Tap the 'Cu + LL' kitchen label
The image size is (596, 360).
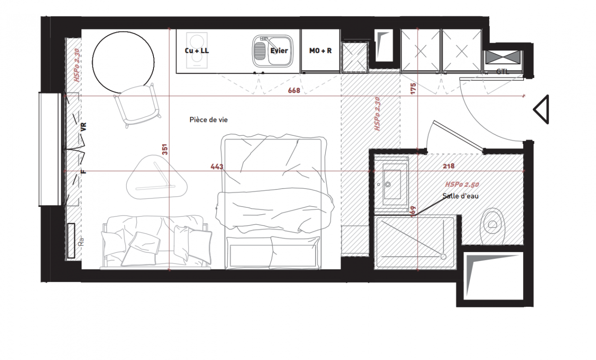197,50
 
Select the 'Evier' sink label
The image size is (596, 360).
279,50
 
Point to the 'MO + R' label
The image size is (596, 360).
321,50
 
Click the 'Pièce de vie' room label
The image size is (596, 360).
208,120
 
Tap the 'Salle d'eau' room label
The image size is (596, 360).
461,196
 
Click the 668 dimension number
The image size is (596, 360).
294,90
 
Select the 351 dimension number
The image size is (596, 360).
165,149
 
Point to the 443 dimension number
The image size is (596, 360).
217,167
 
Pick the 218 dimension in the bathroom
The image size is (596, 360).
449,166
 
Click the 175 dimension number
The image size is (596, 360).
413,89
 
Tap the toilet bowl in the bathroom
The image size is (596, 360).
492,226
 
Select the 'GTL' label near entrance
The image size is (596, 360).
502,72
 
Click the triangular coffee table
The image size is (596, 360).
157,177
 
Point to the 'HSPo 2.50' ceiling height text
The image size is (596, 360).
462,184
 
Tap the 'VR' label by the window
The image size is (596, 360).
84,126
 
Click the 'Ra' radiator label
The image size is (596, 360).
81,242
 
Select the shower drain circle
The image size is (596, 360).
443,256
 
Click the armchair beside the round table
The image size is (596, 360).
137,105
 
